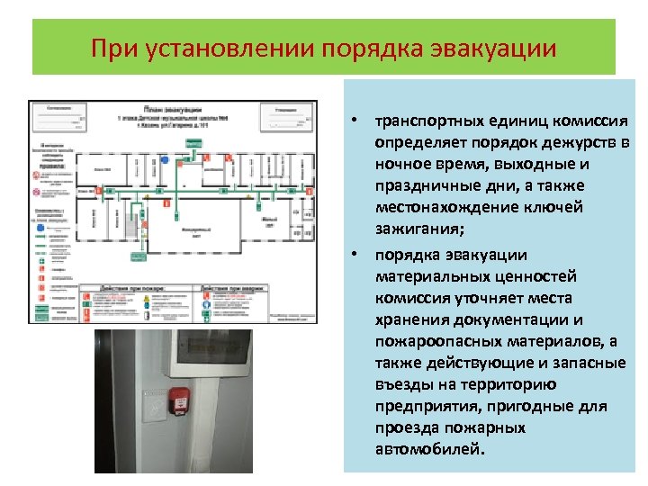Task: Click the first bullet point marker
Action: click(x=356, y=121)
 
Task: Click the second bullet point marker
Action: click(x=356, y=255)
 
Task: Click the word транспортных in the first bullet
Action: click(x=423, y=121)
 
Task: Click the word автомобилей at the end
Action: click(x=429, y=449)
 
